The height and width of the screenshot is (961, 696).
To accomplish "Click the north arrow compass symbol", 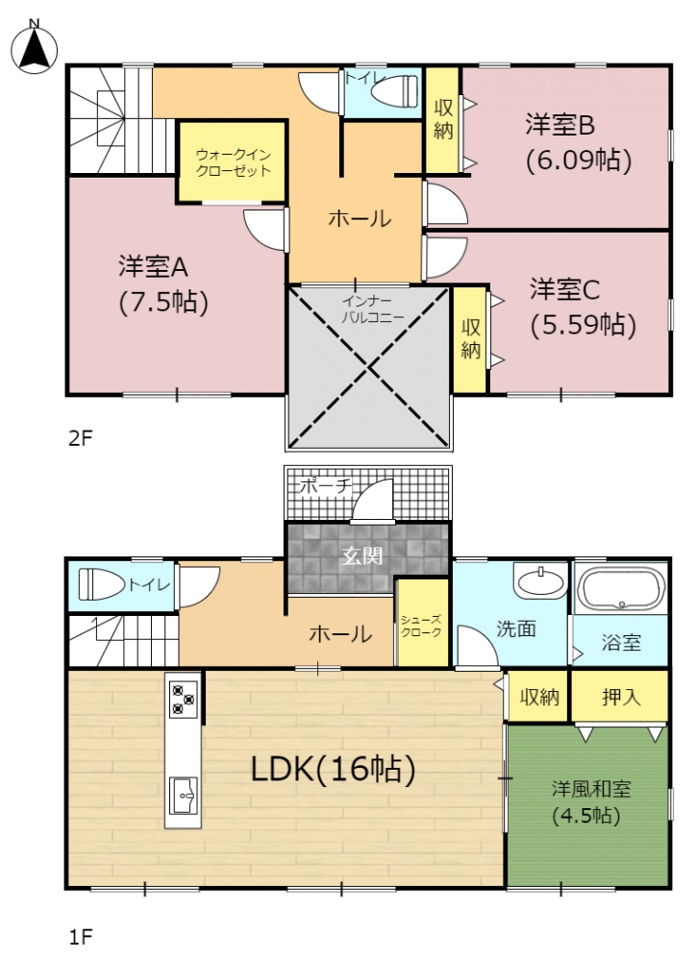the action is (35, 47).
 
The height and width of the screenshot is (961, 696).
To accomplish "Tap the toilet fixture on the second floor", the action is (395, 90).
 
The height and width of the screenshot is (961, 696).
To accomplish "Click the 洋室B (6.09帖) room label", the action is (579, 143).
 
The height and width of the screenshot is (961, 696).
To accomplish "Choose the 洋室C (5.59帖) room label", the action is (583, 308).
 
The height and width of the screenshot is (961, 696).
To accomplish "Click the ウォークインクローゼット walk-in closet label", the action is (233, 162).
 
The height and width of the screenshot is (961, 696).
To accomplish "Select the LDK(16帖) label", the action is (334, 769).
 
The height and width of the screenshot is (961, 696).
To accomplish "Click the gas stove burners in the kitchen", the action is (184, 700).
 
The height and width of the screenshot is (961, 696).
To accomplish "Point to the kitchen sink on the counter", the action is (184, 795).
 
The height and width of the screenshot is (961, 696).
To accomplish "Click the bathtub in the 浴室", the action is (621, 588).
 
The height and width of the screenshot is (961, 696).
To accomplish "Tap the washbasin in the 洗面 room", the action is (540, 581).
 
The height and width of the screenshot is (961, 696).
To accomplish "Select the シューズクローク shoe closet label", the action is (421, 626).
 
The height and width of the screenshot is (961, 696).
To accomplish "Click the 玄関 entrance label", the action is (362, 555).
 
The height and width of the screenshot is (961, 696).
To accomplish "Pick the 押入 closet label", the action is (621, 696).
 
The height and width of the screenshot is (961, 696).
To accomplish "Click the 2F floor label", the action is (81, 438).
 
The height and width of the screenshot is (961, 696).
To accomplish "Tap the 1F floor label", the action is (81, 937).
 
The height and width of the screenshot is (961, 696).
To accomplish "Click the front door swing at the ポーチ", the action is (373, 501).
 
